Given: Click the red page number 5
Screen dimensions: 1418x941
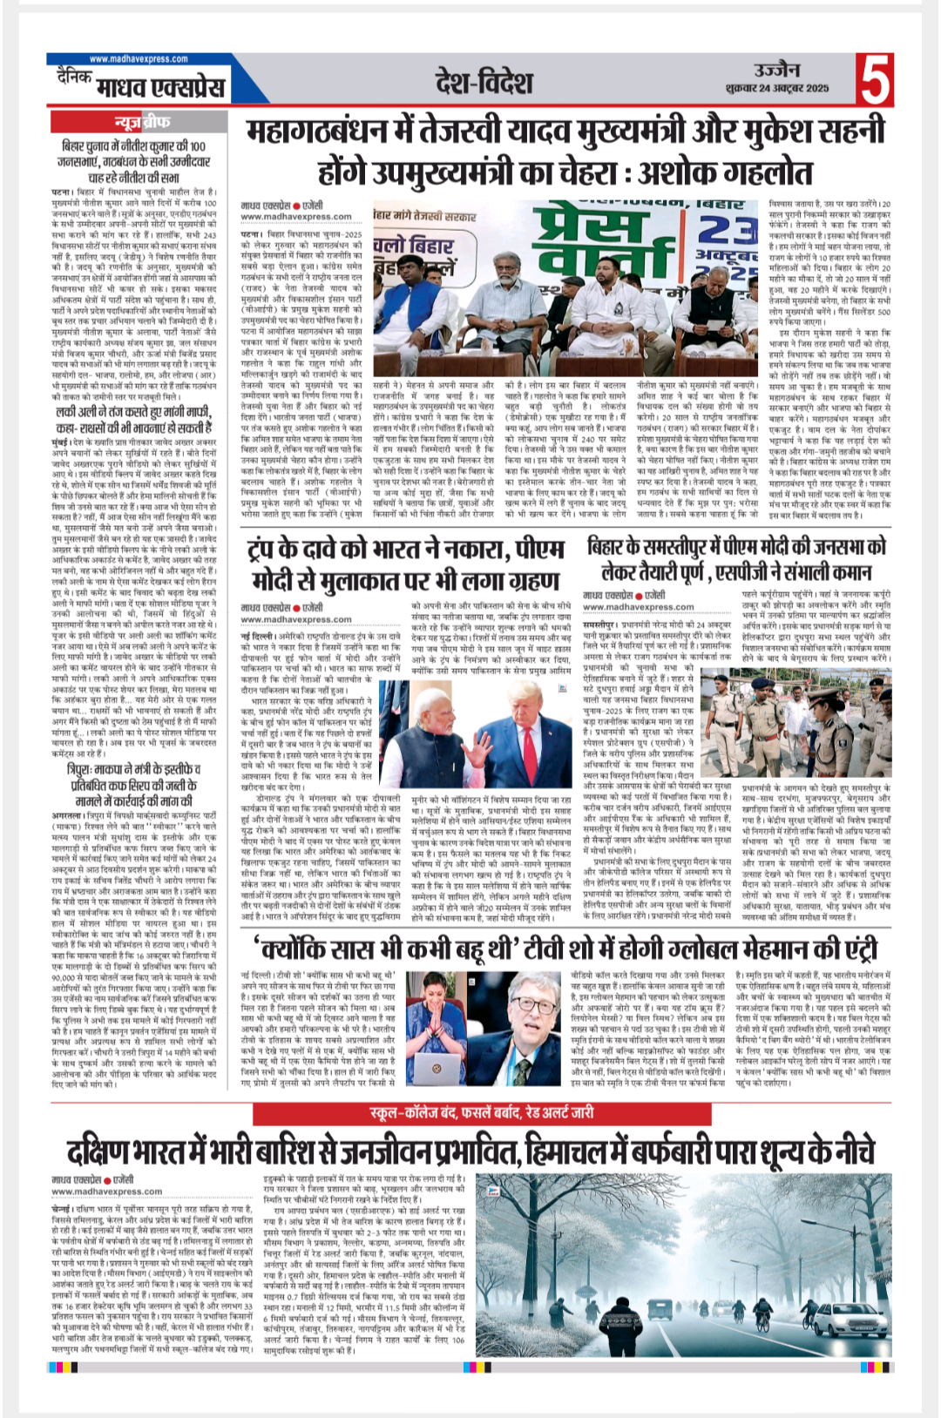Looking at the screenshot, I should click(876, 79).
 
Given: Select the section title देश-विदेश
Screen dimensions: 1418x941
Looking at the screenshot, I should click(484, 82).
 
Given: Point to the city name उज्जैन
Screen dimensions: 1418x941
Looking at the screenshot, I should click(776, 70).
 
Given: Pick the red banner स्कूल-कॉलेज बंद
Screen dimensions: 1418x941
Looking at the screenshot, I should click(482, 1112).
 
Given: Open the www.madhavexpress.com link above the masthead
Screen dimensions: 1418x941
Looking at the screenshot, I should click(138, 59).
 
